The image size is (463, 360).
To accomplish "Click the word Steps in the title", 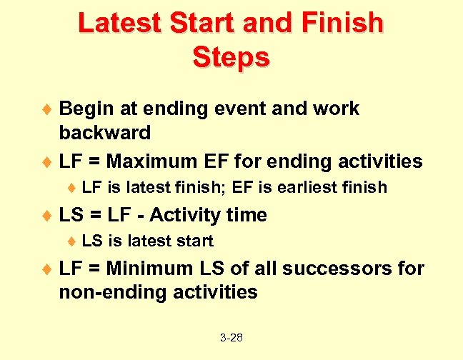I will pyautogui.click(x=231, y=56).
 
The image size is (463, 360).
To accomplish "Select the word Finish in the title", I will pyautogui.click(x=341, y=23).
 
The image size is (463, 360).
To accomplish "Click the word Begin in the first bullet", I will pyautogui.click(x=84, y=109).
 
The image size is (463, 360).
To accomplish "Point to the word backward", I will pyautogui.click(x=105, y=132).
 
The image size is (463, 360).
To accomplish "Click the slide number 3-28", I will pyautogui.click(x=231, y=337).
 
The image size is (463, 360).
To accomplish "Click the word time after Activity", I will pyautogui.click(x=246, y=215).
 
